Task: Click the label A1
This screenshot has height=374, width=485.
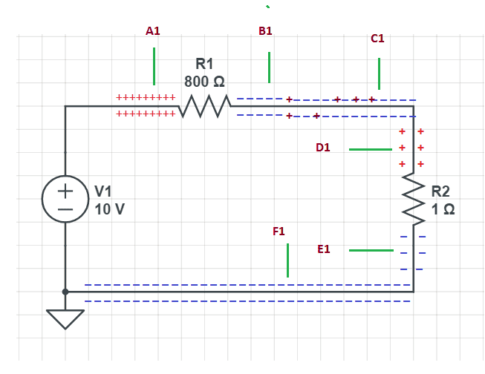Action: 153,31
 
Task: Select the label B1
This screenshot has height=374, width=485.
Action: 265,31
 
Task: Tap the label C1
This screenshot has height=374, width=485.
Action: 377,38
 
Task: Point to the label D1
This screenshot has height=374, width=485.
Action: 322,148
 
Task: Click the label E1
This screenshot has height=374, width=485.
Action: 323,249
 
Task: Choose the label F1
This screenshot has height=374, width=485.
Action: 279,232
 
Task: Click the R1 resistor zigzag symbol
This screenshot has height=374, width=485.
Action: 204,106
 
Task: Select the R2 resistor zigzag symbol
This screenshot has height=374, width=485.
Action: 413,197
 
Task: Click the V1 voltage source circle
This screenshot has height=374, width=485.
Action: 65,199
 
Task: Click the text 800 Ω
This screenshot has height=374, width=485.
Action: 204,80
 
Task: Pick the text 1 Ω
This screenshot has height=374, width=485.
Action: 443,209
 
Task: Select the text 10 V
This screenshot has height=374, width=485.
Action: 110,209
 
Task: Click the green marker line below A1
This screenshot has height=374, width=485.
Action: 154,66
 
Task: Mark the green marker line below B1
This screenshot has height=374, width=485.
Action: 269,68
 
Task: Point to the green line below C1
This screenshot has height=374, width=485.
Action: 379,73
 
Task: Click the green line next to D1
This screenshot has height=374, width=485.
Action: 370,149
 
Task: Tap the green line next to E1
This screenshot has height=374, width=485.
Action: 371,250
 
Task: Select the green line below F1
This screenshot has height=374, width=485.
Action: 287,260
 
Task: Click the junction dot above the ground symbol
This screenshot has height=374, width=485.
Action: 65,292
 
